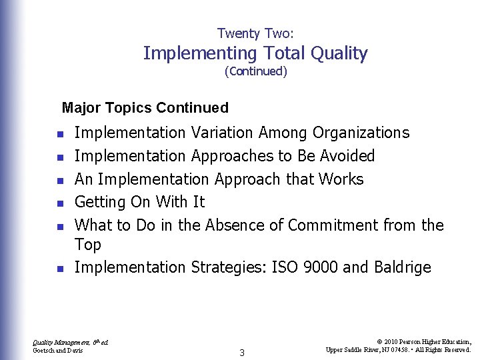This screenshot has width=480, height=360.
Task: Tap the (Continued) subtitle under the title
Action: (x=256, y=71)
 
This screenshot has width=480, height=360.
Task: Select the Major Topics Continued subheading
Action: (x=145, y=107)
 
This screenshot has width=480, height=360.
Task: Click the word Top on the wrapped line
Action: (x=87, y=245)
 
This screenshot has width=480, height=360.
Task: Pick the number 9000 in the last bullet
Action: (x=320, y=267)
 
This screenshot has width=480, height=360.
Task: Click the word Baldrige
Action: (x=401, y=267)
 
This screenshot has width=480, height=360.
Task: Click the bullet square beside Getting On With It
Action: (x=59, y=203)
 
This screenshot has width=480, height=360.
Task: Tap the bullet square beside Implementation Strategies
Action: (x=59, y=269)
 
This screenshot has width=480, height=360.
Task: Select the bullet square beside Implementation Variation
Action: (x=59, y=134)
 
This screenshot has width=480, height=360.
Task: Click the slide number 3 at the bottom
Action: (x=241, y=353)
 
